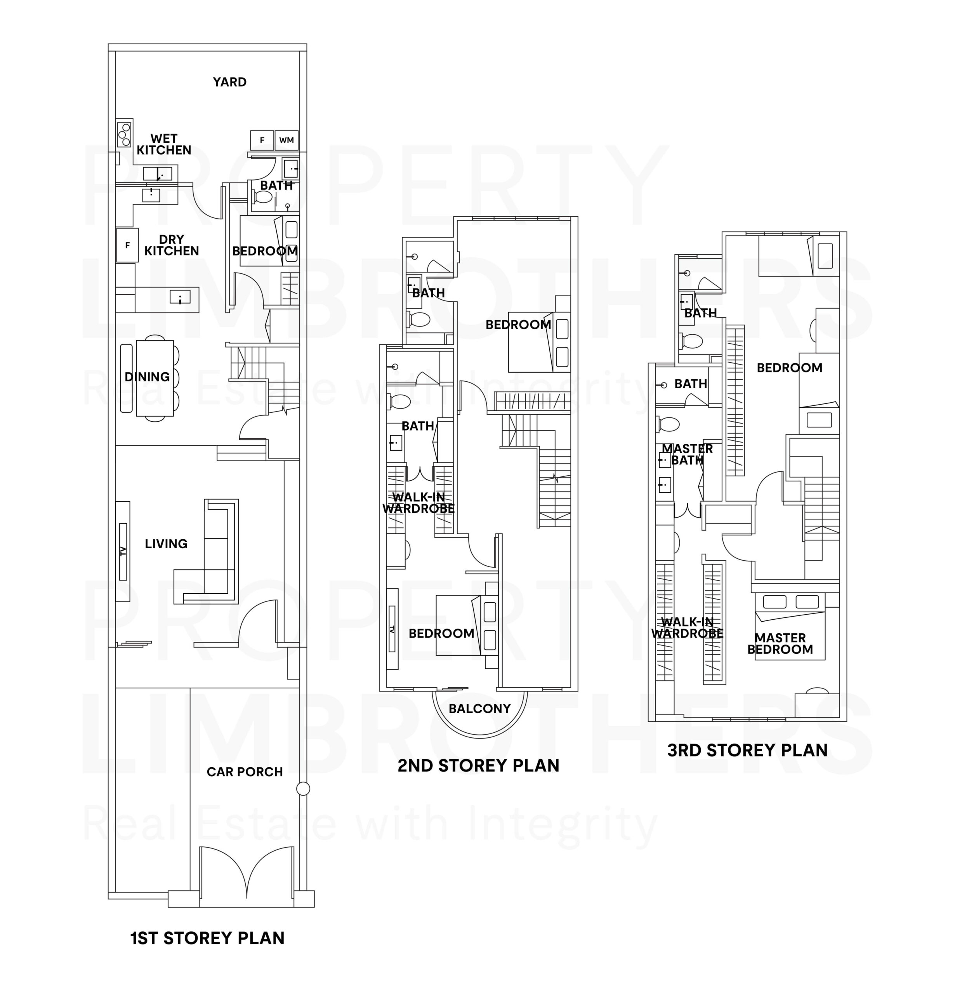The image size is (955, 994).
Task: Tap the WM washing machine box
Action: [x=286, y=140]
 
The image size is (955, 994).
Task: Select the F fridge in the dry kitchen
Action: [x=127, y=245]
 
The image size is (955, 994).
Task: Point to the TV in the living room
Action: [x=123, y=551]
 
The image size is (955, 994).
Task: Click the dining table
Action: [x=155, y=378]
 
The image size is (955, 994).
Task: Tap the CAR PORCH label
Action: [x=245, y=772]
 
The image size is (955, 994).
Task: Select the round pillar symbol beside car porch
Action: [x=303, y=789]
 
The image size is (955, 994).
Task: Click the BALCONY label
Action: [x=479, y=709]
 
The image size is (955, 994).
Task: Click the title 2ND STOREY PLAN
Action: [x=478, y=765]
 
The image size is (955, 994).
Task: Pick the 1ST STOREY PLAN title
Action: [x=207, y=938]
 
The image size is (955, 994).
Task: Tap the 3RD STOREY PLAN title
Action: [x=747, y=750]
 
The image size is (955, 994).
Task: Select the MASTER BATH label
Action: [x=687, y=454]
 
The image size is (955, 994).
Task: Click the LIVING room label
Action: [x=166, y=544]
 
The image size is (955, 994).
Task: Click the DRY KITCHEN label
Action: [x=172, y=245]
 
